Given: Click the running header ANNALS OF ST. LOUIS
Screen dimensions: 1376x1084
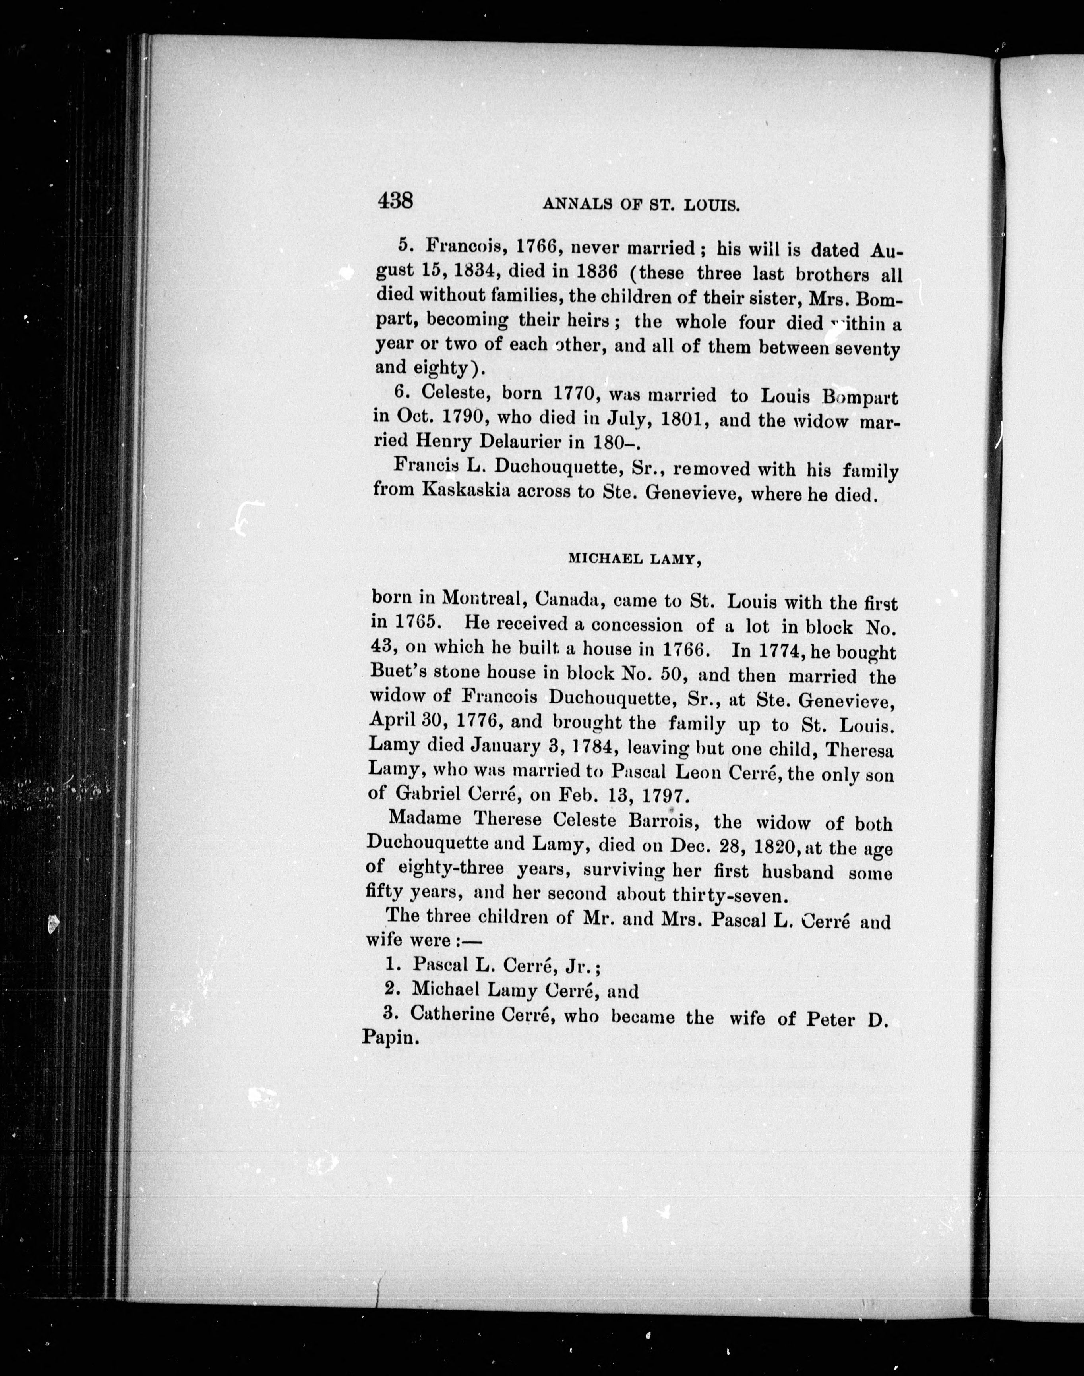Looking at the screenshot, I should (641, 204).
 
